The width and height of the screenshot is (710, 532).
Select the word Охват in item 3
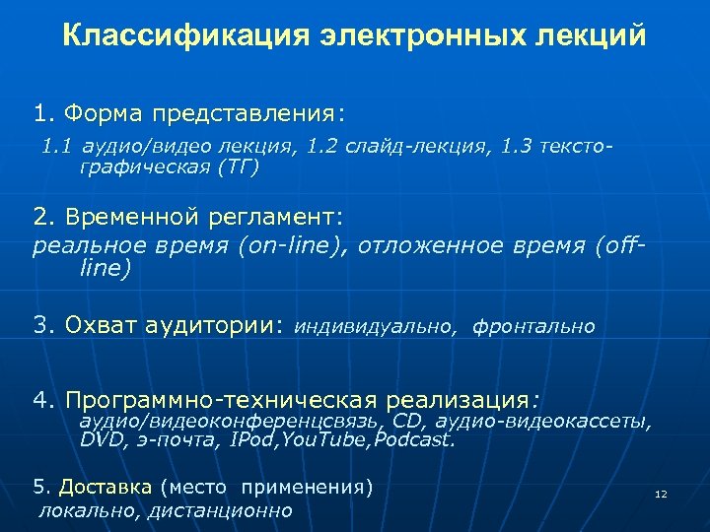tap(104, 324)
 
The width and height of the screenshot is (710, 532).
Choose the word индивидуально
tap(376, 326)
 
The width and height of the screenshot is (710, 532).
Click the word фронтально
tap(533, 326)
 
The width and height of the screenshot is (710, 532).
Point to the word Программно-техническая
tap(222, 401)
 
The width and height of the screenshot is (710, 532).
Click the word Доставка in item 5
tap(106, 487)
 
